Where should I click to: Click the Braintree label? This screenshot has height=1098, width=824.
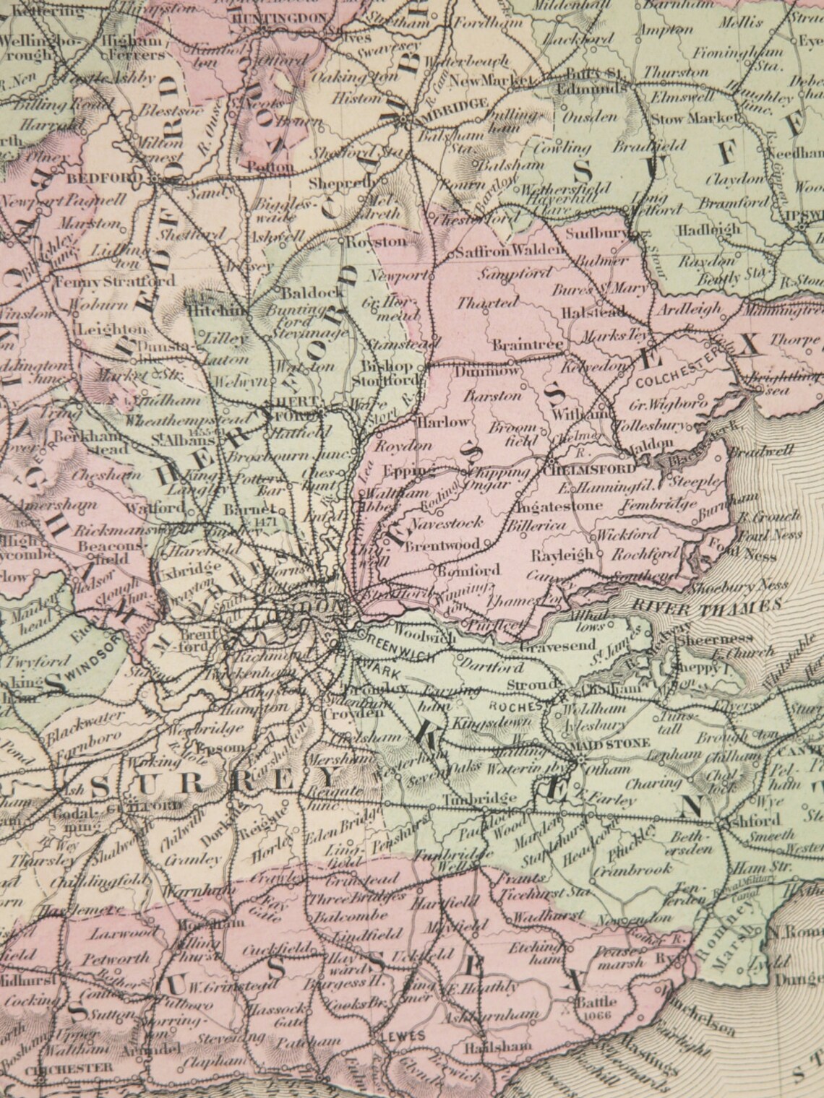coord(528,345)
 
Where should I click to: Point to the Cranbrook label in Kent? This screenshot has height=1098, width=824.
coord(630,870)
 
